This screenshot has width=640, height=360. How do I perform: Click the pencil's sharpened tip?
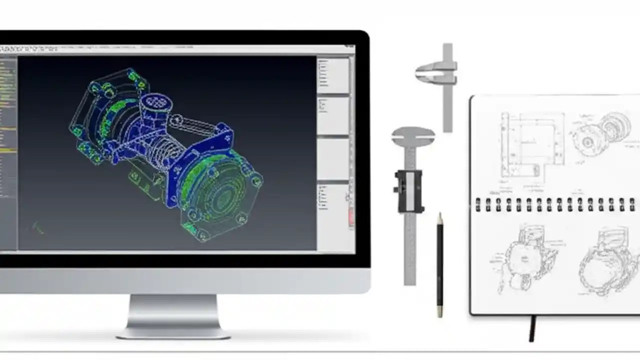[439, 216]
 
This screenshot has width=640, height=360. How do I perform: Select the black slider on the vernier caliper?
[409, 190]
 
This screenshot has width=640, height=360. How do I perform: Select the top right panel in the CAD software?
[333, 75]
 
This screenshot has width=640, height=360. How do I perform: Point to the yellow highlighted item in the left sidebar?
[8, 150]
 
